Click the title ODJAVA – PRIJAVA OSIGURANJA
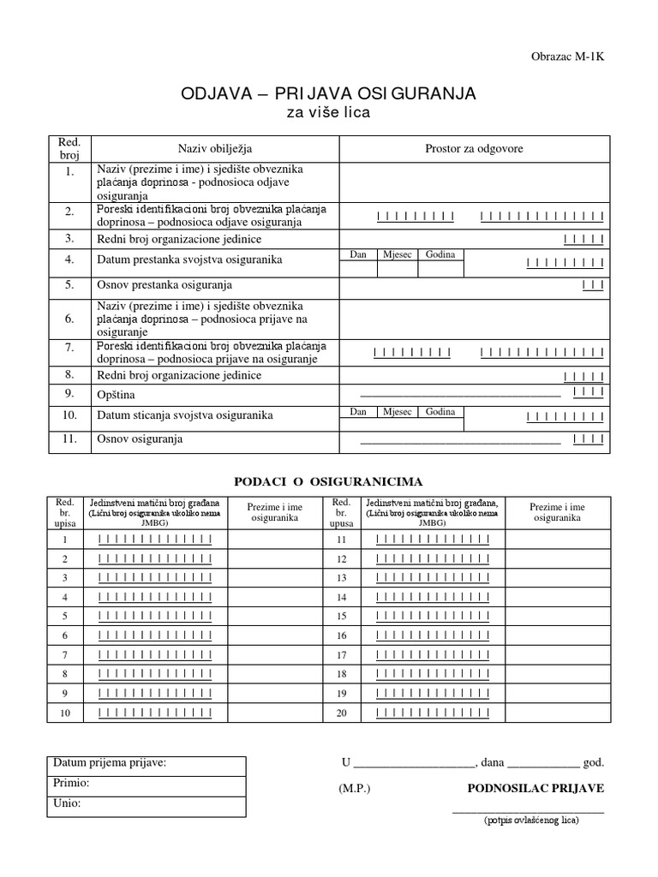[x=328, y=93]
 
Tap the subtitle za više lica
[x=328, y=114]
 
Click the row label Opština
[x=117, y=395]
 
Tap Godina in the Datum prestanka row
[x=440, y=254]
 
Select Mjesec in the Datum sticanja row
[x=397, y=412]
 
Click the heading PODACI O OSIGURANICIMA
[x=328, y=481]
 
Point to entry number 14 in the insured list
[x=341, y=596]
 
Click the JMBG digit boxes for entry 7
[x=155, y=654]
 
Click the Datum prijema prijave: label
[x=110, y=763]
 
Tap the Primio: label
[x=71, y=783]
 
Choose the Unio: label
[x=68, y=803]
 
